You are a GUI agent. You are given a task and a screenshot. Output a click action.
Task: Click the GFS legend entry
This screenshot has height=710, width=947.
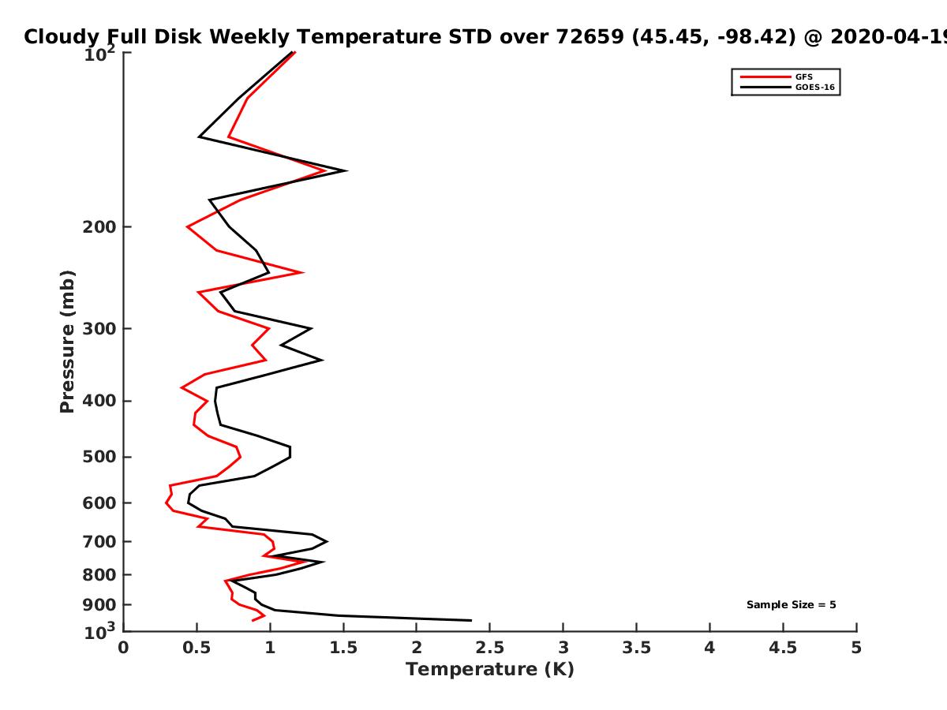click(776, 77)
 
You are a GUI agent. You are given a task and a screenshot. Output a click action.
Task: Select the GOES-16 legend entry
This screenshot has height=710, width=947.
click(788, 87)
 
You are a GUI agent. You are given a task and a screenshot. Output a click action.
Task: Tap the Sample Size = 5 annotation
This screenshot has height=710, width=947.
click(792, 605)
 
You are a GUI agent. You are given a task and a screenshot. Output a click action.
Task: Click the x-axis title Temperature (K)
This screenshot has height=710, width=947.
click(490, 670)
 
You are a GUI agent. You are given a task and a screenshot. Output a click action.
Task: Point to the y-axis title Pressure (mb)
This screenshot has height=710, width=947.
click(67, 342)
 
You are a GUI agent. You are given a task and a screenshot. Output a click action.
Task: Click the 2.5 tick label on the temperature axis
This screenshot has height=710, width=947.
click(490, 648)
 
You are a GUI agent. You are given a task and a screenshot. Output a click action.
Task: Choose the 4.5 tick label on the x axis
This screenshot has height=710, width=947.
click(783, 648)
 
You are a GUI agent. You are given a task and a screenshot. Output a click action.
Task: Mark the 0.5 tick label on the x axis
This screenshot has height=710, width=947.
click(197, 648)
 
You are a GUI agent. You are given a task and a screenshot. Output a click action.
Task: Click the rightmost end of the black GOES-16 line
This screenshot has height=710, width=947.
click(472, 620)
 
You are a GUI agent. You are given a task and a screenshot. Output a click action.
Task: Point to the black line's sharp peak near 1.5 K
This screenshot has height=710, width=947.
click(346, 170)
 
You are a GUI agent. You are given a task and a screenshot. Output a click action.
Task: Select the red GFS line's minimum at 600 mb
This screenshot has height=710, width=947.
click(166, 503)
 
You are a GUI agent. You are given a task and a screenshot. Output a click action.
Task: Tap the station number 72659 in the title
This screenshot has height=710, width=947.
click(590, 37)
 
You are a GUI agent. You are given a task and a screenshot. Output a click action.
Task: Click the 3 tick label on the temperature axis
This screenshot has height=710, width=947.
click(563, 648)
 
